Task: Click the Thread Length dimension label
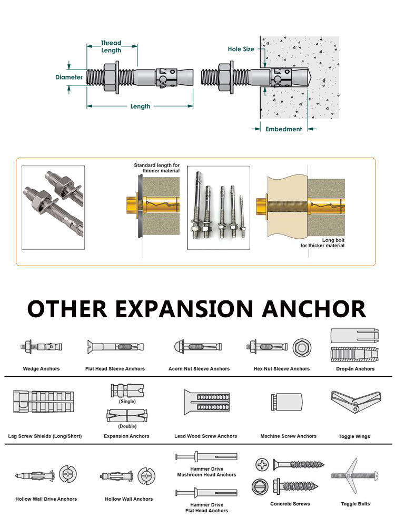coord(111,46)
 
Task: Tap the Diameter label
coord(69,77)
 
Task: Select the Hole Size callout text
coord(241,49)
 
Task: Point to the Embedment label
coord(283,129)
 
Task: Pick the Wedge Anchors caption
coord(41,369)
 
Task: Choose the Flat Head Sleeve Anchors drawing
coord(115,347)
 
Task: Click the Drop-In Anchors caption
coord(355,369)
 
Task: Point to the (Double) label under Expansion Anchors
coord(127,426)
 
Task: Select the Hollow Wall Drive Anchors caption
coord(46,499)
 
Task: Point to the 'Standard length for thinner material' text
coord(156,168)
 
